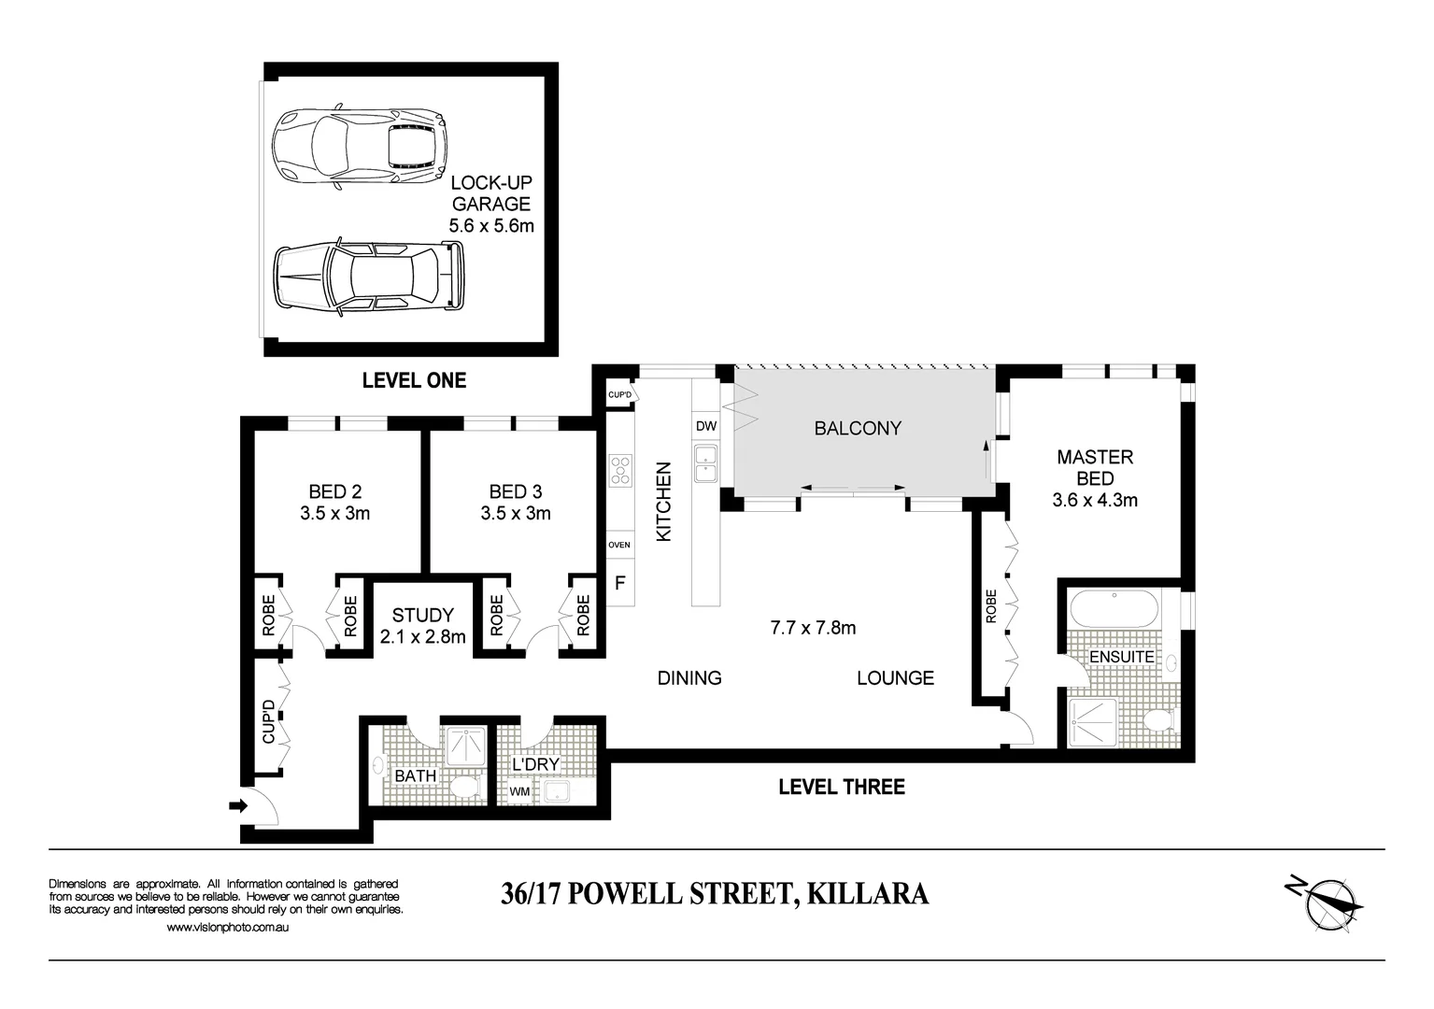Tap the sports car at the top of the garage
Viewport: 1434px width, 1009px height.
(x=358, y=146)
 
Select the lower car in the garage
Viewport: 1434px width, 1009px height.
(x=368, y=277)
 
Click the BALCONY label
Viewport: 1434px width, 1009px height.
(x=857, y=428)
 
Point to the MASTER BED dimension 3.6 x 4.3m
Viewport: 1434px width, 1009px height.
(x=1095, y=500)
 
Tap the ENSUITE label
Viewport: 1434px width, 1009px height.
(x=1121, y=657)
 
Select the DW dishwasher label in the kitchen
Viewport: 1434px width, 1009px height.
(x=706, y=427)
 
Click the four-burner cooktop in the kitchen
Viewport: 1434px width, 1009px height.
(x=620, y=470)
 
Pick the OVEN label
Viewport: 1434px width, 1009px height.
(x=619, y=545)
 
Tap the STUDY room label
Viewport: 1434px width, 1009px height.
(x=422, y=616)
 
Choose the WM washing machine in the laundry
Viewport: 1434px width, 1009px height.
(x=518, y=792)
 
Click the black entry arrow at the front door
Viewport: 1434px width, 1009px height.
(x=238, y=805)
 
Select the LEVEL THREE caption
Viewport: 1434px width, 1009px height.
(x=841, y=787)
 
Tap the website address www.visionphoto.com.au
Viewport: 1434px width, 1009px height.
(x=227, y=928)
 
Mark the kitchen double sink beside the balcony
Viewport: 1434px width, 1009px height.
(x=706, y=463)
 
